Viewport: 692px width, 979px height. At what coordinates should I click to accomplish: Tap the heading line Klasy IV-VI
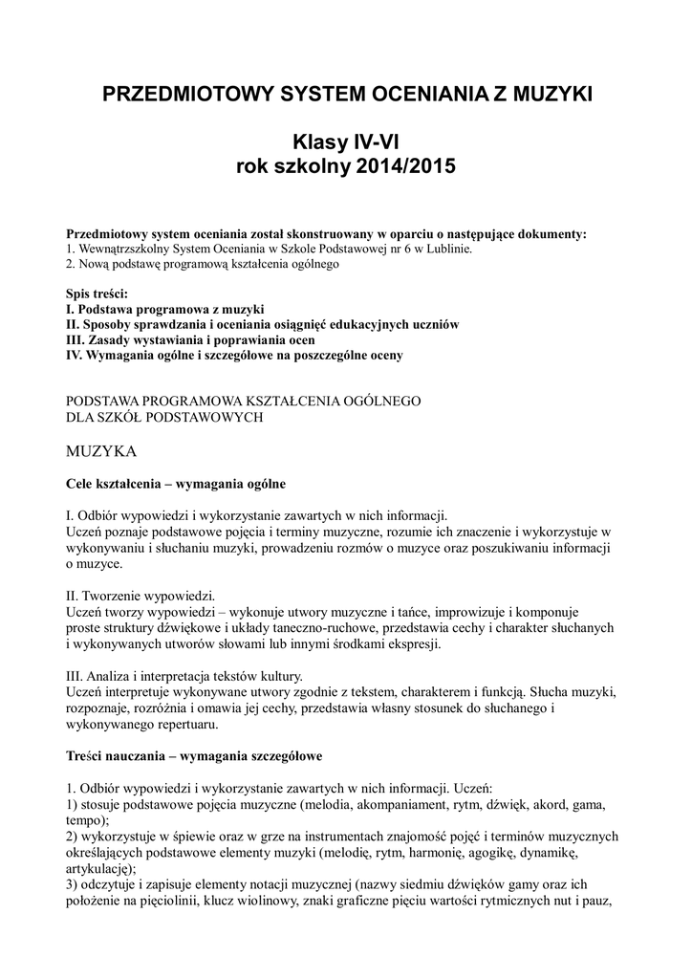[345, 143]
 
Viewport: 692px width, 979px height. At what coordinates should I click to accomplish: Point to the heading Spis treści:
[97, 294]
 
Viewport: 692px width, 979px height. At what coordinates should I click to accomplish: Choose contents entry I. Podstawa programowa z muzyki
[164, 310]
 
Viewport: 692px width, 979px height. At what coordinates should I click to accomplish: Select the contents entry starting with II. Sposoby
[262, 325]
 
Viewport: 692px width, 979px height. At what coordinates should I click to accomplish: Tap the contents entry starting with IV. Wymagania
[234, 356]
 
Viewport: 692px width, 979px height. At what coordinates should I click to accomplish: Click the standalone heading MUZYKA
[102, 449]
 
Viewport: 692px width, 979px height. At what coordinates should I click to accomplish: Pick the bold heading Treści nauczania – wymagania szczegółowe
[194, 756]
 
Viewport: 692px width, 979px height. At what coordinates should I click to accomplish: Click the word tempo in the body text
[85, 821]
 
